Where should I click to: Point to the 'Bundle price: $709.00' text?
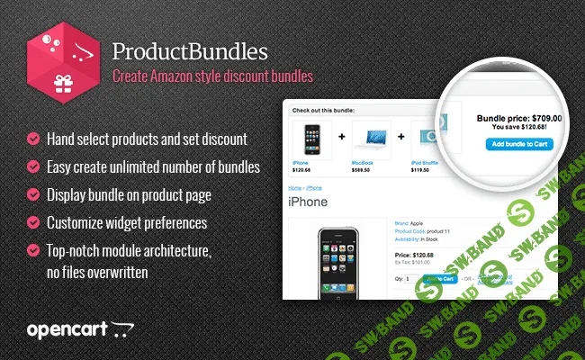[518, 117]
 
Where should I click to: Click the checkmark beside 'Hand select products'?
[33, 139]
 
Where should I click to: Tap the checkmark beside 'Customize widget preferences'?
[33, 221]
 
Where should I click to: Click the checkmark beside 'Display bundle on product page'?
[33, 193]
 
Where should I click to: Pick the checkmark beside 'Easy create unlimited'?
[33, 166]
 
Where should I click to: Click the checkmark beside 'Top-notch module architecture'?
[33, 249]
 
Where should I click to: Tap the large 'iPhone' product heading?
[308, 202]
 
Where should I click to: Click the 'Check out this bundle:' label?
[320, 110]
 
